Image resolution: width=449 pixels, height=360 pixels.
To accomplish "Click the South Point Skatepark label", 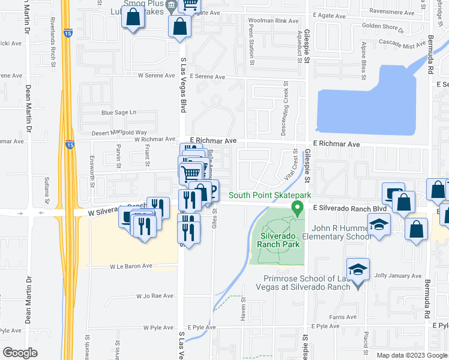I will [270, 196].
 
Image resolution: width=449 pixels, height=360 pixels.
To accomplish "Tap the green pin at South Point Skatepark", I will [297, 208].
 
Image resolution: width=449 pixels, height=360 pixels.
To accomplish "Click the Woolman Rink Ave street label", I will [273, 21].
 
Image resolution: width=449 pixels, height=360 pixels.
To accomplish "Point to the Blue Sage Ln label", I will [119, 112].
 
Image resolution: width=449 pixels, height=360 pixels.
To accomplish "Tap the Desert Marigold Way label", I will [119, 133].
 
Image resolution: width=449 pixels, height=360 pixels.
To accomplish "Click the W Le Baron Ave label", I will [131, 266].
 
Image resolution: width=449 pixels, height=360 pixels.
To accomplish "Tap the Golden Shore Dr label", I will [383, 26].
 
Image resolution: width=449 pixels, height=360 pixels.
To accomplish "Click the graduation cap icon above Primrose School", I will [358, 269].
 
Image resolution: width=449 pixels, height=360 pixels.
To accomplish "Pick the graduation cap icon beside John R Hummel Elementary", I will [379, 225].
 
